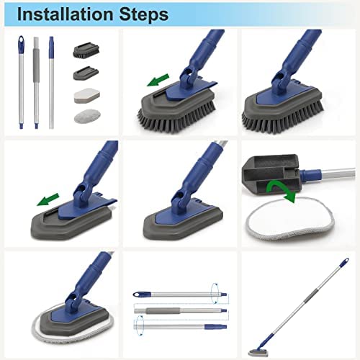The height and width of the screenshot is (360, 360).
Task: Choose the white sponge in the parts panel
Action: tap(85, 96)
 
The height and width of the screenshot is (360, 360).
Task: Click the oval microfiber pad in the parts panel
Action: tap(85, 116)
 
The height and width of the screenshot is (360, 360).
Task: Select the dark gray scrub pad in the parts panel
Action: tap(85, 73)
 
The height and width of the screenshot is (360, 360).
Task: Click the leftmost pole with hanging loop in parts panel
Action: tap(19, 79)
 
